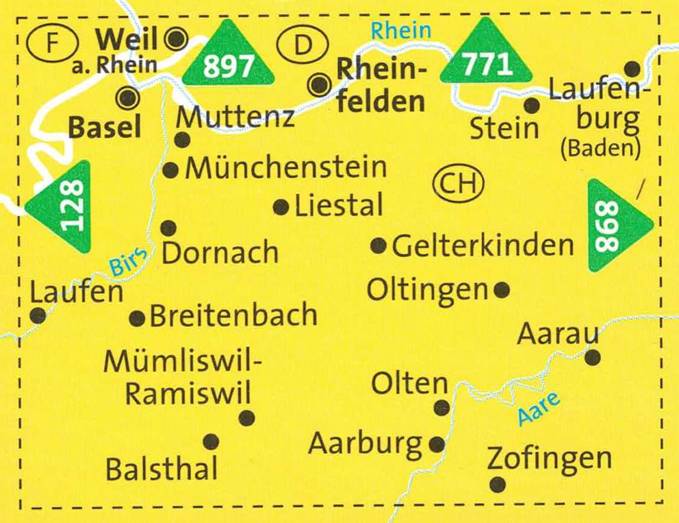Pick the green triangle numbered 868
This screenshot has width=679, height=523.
point(615,226)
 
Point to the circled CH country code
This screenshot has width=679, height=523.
point(458,184)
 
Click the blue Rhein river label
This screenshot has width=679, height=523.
point(401,29)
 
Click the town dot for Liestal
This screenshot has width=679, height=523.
point(281,207)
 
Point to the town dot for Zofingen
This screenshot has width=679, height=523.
point(498,485)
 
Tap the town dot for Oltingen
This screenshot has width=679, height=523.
point(502,290)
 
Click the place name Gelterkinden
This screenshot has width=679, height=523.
point(483,245)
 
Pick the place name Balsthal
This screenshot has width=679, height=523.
point(162,470)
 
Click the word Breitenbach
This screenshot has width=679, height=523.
point(233,316)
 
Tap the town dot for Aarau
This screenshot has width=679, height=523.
point(593,357)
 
